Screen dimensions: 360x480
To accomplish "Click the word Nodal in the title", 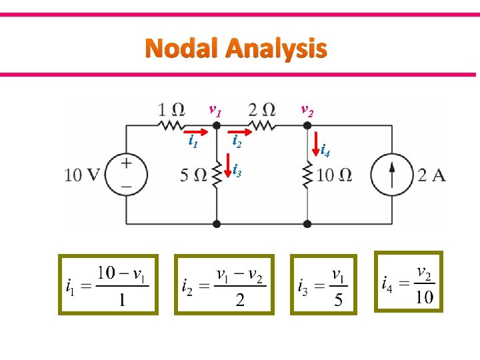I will click(182, 49).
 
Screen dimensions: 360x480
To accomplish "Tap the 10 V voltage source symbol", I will click(125, 174).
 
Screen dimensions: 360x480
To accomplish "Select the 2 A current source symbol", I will click(393, 175).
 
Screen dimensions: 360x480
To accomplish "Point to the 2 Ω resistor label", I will click(261, 109).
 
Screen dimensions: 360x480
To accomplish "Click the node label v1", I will click(215, 109).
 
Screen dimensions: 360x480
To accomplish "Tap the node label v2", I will click(307, 109).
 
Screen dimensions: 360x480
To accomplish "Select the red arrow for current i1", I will click(193, 129).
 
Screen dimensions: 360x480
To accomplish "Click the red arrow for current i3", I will click(229, 167).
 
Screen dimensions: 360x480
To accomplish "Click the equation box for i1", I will click(108, 284).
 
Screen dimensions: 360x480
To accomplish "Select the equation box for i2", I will click(224, 284).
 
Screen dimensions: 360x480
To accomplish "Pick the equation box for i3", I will click(323, 284).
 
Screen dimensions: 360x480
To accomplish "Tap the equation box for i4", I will click(407, 281).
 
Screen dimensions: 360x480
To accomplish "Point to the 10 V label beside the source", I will click(82, 175).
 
